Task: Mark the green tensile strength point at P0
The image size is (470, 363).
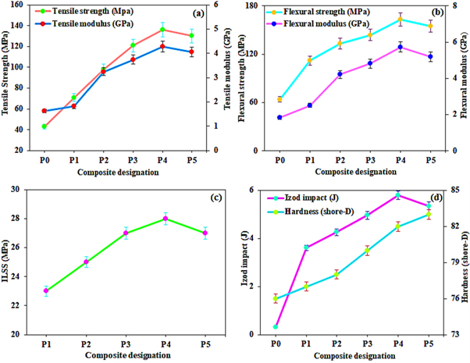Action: (x=45, y=126)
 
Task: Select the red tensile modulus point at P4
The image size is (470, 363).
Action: (x=162, y=47)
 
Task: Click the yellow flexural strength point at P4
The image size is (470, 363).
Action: (x=400, y=19)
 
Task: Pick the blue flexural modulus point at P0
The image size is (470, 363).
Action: (x=280, y=117)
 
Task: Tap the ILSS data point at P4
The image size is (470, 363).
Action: (x=165, y=219)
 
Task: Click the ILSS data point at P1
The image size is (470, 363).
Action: (x=46, y=290)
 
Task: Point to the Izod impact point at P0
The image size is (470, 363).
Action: (x=276, y=327)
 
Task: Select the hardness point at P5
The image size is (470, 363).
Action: (x=428, y=215)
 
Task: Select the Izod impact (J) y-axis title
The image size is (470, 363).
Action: (x=246, y=262)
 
